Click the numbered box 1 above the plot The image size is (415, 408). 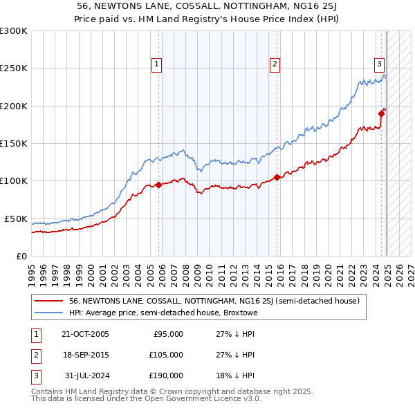[157, 64]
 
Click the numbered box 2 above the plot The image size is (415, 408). [275, 64]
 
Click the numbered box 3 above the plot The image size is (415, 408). [380, 64]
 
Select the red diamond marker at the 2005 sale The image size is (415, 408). [159, 185]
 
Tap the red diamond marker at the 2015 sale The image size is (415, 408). [277, 177]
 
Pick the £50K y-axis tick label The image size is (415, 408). [15, 219]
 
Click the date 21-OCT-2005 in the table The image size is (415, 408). [85, 334]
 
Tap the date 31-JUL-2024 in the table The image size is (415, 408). [86, 375]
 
